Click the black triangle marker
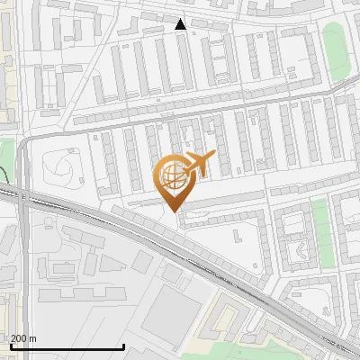[x=181, y=24]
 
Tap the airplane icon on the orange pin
[x=199, y=164]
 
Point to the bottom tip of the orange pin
[x=174, y=211]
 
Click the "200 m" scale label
[x=23, y=338]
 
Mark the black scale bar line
[x=67, y=347]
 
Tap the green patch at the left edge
[x=6, y=153]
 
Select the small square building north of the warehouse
[x=141, y=262]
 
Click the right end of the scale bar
[x=123, y=347]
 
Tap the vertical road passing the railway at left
[x=24, y=234]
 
